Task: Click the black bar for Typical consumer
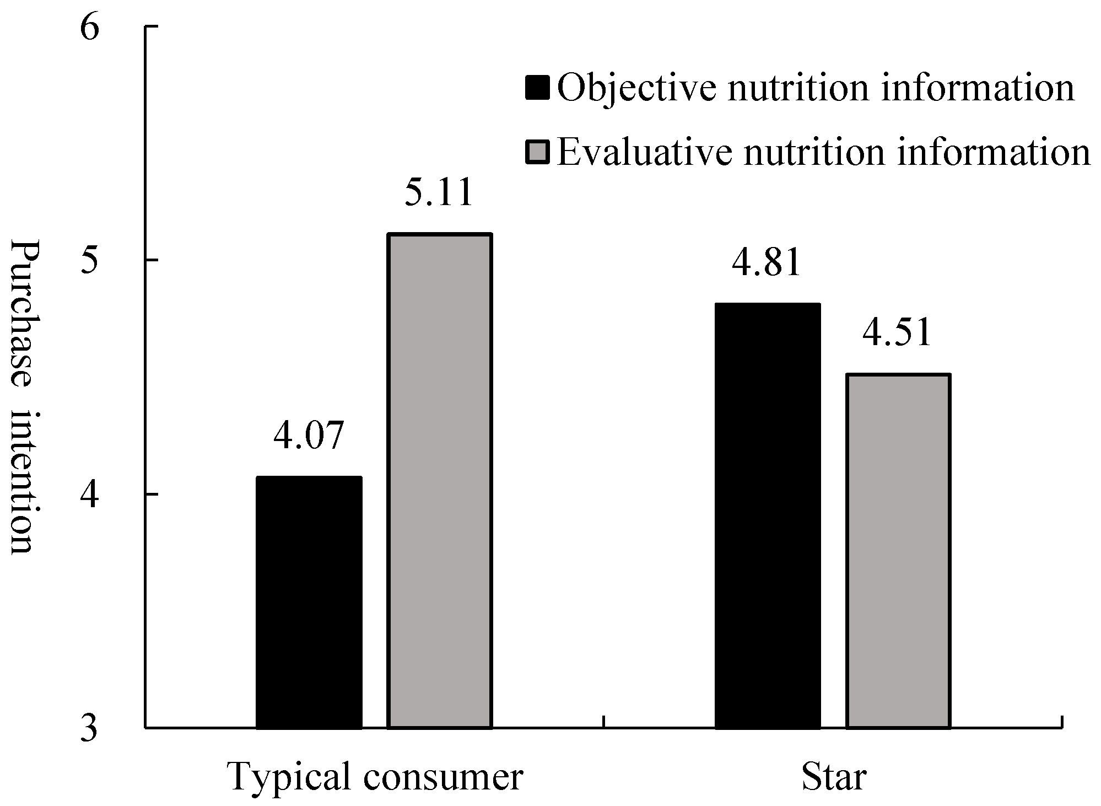point(309,602)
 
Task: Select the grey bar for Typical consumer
point(439,481)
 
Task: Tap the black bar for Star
point(767,515)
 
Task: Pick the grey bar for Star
point(898,551)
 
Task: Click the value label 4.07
point(309,436)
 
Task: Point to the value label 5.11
point(439,192)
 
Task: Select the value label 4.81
point(766,262)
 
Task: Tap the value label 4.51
point(897,333)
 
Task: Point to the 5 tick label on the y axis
point(89,261)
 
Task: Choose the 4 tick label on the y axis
point(89,495)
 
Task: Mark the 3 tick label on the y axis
point(89,728)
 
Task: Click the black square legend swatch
point(537,88)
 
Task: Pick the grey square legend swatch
point(537,152)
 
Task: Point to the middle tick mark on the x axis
point(604,722)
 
